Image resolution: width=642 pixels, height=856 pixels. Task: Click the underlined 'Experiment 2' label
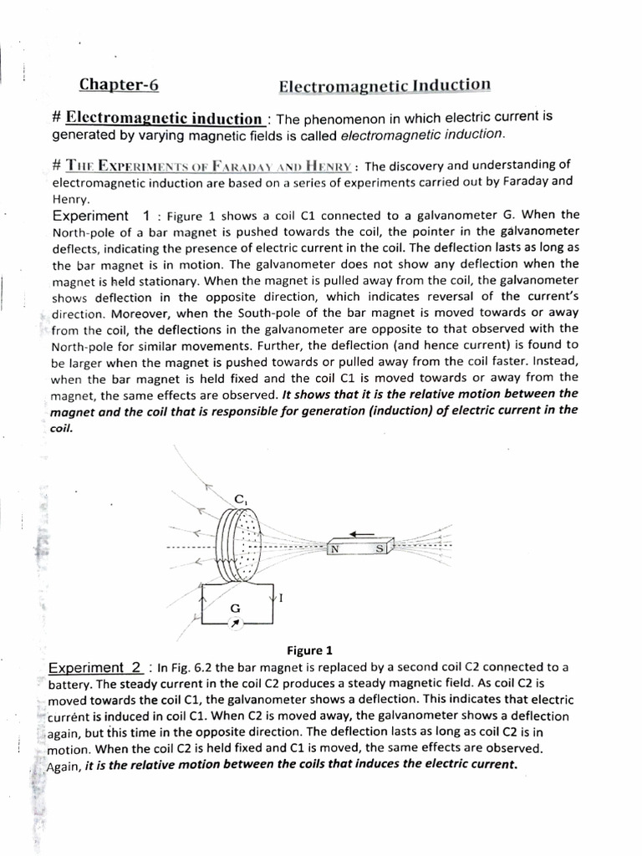tap(95, 667)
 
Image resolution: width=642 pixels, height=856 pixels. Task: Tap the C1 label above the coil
tap(240, 499)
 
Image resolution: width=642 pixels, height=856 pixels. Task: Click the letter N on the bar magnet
tap(335, 549)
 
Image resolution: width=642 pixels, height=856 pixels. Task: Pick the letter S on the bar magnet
tap(380, 549)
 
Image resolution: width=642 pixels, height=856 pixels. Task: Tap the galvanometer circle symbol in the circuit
tap(236, 623)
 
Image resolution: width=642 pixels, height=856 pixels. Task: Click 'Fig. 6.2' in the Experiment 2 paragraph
tap(191, 667)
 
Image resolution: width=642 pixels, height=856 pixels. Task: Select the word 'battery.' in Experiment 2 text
tap(74, 683)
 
